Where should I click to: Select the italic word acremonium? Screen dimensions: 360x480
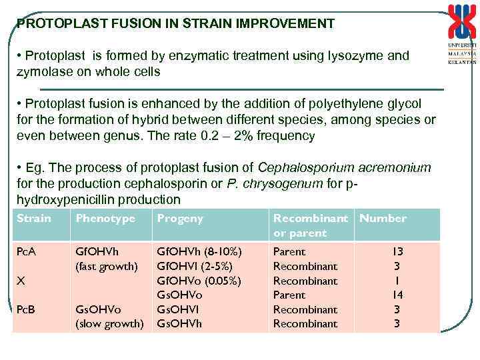393,168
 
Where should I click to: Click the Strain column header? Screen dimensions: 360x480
34,219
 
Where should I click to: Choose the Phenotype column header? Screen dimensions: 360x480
105,219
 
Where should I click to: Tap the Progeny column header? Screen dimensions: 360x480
179,219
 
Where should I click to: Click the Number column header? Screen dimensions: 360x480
383,219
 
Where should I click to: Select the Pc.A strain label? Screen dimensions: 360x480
27,252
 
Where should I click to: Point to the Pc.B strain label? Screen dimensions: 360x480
27,309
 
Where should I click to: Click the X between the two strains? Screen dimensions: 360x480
21,281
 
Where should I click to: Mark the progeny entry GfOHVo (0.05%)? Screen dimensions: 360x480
199,281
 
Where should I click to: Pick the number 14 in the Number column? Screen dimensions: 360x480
397,295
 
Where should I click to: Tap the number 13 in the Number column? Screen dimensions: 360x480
397,252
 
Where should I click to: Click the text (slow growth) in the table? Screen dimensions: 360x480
109,324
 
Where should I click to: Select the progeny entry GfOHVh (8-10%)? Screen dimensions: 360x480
199,252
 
